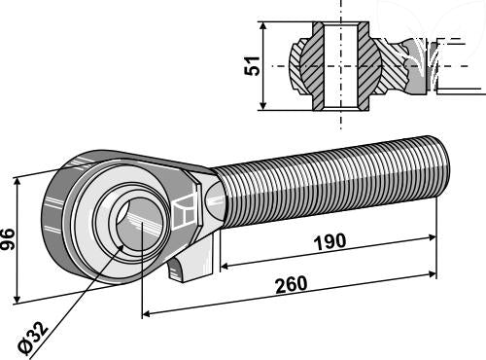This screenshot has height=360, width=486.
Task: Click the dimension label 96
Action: coord(8,239)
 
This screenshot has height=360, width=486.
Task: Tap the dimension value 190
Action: coord(330,242)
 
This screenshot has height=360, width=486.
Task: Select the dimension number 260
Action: coord(291,285)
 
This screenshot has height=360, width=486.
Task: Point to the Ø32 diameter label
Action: coord(33,339)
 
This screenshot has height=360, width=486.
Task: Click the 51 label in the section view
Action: coord(252,66)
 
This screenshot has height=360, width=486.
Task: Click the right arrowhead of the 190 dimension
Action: coord(433,237)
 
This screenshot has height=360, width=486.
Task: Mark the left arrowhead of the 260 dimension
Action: coord(146,314)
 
